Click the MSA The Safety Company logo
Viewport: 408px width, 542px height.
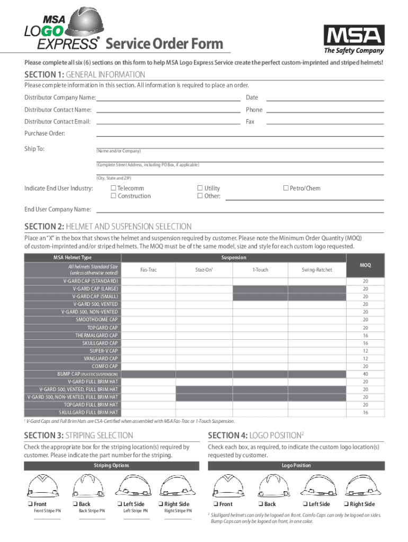[x=353, y=40]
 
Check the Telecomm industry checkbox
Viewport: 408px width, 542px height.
[x=113, y=188]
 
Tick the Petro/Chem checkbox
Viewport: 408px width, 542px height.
[x=286, y=188]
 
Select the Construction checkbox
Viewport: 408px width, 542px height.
[x=113, y=196]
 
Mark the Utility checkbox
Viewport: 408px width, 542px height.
[x=200, y=188]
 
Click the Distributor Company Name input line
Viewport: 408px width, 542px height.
[x=168, y=98]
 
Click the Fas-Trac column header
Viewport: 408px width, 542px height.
[x=148, y=269]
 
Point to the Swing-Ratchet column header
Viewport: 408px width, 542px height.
[x=317, y=269]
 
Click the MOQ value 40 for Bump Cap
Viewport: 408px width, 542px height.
[x=365, y=374]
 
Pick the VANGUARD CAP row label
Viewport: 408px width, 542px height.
[x=101, y=358]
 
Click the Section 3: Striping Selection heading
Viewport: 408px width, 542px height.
[x=78, y=435]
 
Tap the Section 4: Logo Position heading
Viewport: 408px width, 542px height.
[x=255, y=435]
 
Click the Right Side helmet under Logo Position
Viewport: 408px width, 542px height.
[x=357, y=485]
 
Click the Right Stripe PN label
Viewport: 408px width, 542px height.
[x=178, y=511]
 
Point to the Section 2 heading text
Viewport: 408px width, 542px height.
[x=108, y=227]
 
